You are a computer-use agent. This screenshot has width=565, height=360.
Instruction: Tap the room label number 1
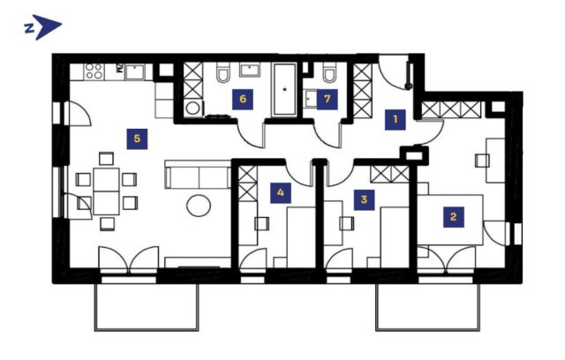pyautogui.click(x=395, y=119)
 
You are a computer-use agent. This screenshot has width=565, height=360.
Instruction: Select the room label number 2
pyautogui.click(x=454, y=217)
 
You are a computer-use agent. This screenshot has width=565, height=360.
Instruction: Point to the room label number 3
pyautogui.click(x=364, y=199)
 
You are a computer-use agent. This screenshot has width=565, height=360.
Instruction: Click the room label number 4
pyautogui.click(x=281, y=193)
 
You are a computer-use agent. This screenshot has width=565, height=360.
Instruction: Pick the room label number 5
pyautogui.click(x=137, y=139)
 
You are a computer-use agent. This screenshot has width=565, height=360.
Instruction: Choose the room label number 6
pyautogui.click(x=243, y=99)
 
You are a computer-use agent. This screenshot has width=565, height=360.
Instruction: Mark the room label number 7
pyautogui.click(x=328, y=99)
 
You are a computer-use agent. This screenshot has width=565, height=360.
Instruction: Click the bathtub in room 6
pyautogui.click(x=284, y=90)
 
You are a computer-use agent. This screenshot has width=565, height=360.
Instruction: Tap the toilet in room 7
pyautogui.click(x=329, y=73)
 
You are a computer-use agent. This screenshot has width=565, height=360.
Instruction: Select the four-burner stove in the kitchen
pyautogui.click(x=94, y=71)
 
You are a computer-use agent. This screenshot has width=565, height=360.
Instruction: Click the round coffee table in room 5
pyautogui.click(x=199, y=206)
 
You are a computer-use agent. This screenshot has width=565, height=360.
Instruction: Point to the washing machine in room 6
pyautogui.click(x=193, y=109)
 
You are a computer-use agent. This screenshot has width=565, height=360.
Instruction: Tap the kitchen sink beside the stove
pyautogui.click(x=134, y=72)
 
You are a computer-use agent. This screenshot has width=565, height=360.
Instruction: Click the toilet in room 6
pyautogui.click(x=223, y=72)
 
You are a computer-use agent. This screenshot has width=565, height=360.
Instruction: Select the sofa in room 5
pyautogui.click(x=198, y=174)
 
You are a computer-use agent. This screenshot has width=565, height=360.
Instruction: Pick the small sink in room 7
pyautogui.click(x=310, y=99)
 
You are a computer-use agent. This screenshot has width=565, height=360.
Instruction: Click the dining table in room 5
pyautogui.click(x=106, y=191)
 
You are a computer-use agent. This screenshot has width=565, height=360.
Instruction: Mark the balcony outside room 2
pyautogui.click(x=427, y=307)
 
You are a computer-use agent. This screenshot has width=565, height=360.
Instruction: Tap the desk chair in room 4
pyautogui.click(x=261, y=223)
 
